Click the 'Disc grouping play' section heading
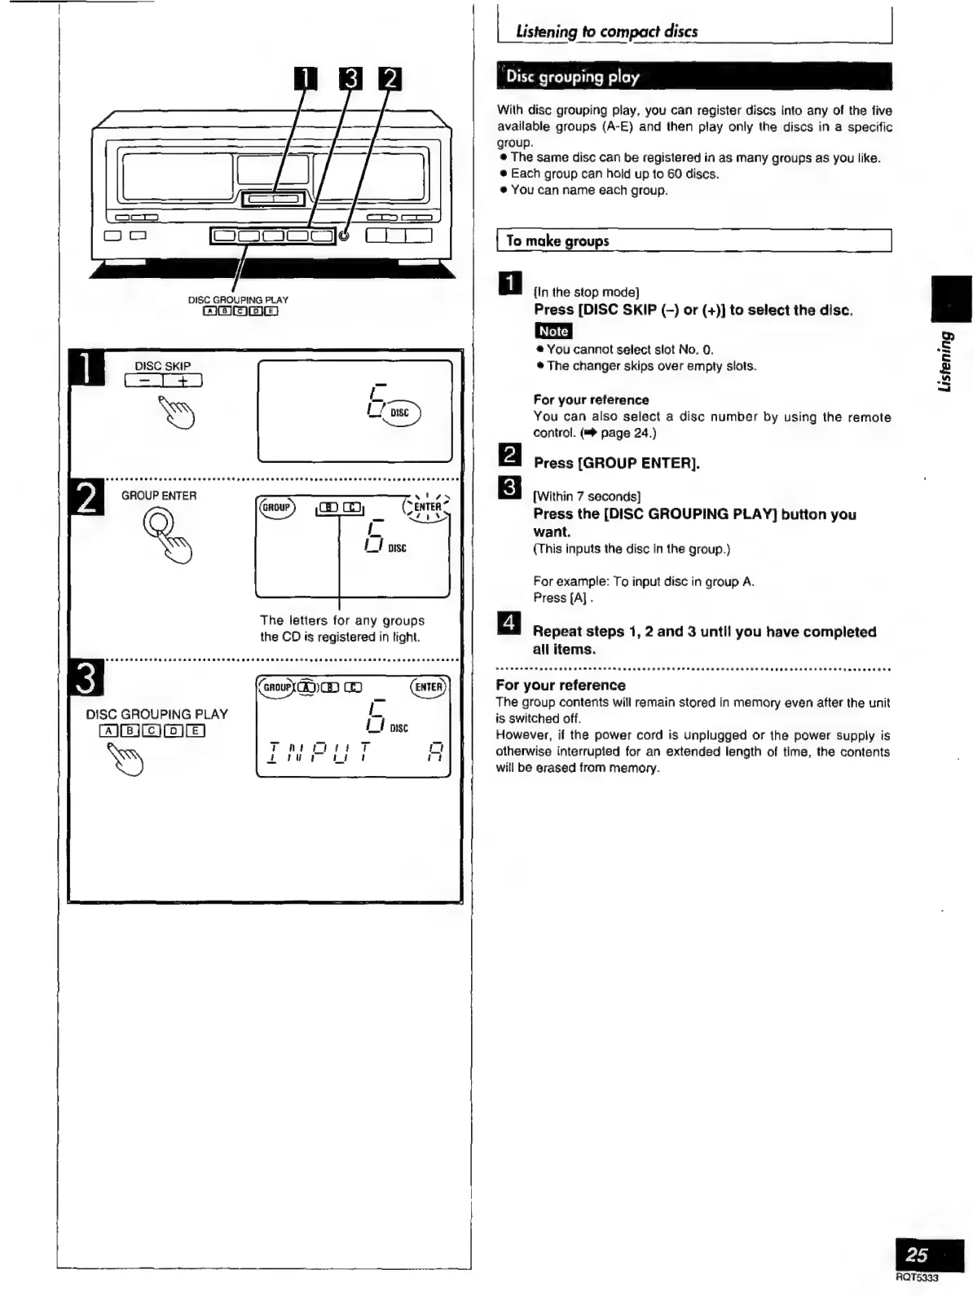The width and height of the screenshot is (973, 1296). point(573,77)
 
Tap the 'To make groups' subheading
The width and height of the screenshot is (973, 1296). point(557,240)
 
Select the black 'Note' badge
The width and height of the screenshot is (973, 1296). point(553,331)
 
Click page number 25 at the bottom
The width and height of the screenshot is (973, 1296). point(918,1254)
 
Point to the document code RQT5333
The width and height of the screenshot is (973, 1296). point(917,1277)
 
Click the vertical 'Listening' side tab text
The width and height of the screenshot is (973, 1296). point(945,359)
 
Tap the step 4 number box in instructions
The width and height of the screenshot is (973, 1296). point(509,623)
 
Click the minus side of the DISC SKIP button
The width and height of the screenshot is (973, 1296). point(144,381)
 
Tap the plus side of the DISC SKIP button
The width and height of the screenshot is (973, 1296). point(183,381)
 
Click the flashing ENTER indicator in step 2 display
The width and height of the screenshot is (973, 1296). point(427,507)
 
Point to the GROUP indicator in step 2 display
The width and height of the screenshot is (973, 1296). point(276,507)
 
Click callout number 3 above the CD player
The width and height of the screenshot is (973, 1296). point(350,78)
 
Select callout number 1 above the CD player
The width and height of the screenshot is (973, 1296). point(305,78)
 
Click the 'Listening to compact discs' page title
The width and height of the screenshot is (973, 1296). point(606,32)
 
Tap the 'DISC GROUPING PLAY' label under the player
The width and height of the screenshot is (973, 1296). point(238,300)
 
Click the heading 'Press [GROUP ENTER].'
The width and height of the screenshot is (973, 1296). point(617,463)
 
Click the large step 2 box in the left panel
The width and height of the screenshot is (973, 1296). point(87,497)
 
